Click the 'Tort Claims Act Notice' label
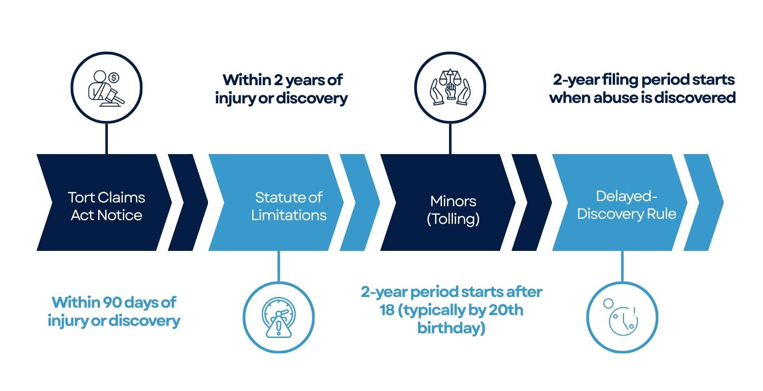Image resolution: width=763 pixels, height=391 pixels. pos(106,206)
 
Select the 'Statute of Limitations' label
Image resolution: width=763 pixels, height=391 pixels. pos(289,206)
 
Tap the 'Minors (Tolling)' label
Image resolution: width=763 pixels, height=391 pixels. pos(453,210)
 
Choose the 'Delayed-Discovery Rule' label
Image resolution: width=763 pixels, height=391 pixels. pos(627,205)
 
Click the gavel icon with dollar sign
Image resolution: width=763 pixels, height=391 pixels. pos(107,88)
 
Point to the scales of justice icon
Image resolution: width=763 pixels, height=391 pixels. pos(450,87)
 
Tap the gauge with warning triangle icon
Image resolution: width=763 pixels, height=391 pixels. pos(279,317)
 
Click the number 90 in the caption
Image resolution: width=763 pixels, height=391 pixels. pos(113,303)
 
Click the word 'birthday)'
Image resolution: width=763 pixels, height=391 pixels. pos(451,328)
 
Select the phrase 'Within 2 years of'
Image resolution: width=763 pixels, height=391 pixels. pos(282,80)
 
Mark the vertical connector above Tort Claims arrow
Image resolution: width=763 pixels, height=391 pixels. pos(107,139)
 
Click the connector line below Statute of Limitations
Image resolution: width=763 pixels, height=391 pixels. pos(279,266)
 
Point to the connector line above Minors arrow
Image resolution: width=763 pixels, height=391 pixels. pos(450,139)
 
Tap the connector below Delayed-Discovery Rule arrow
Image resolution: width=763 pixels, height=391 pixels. pos(622,266)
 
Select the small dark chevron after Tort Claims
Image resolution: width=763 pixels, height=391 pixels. pos(188,202)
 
